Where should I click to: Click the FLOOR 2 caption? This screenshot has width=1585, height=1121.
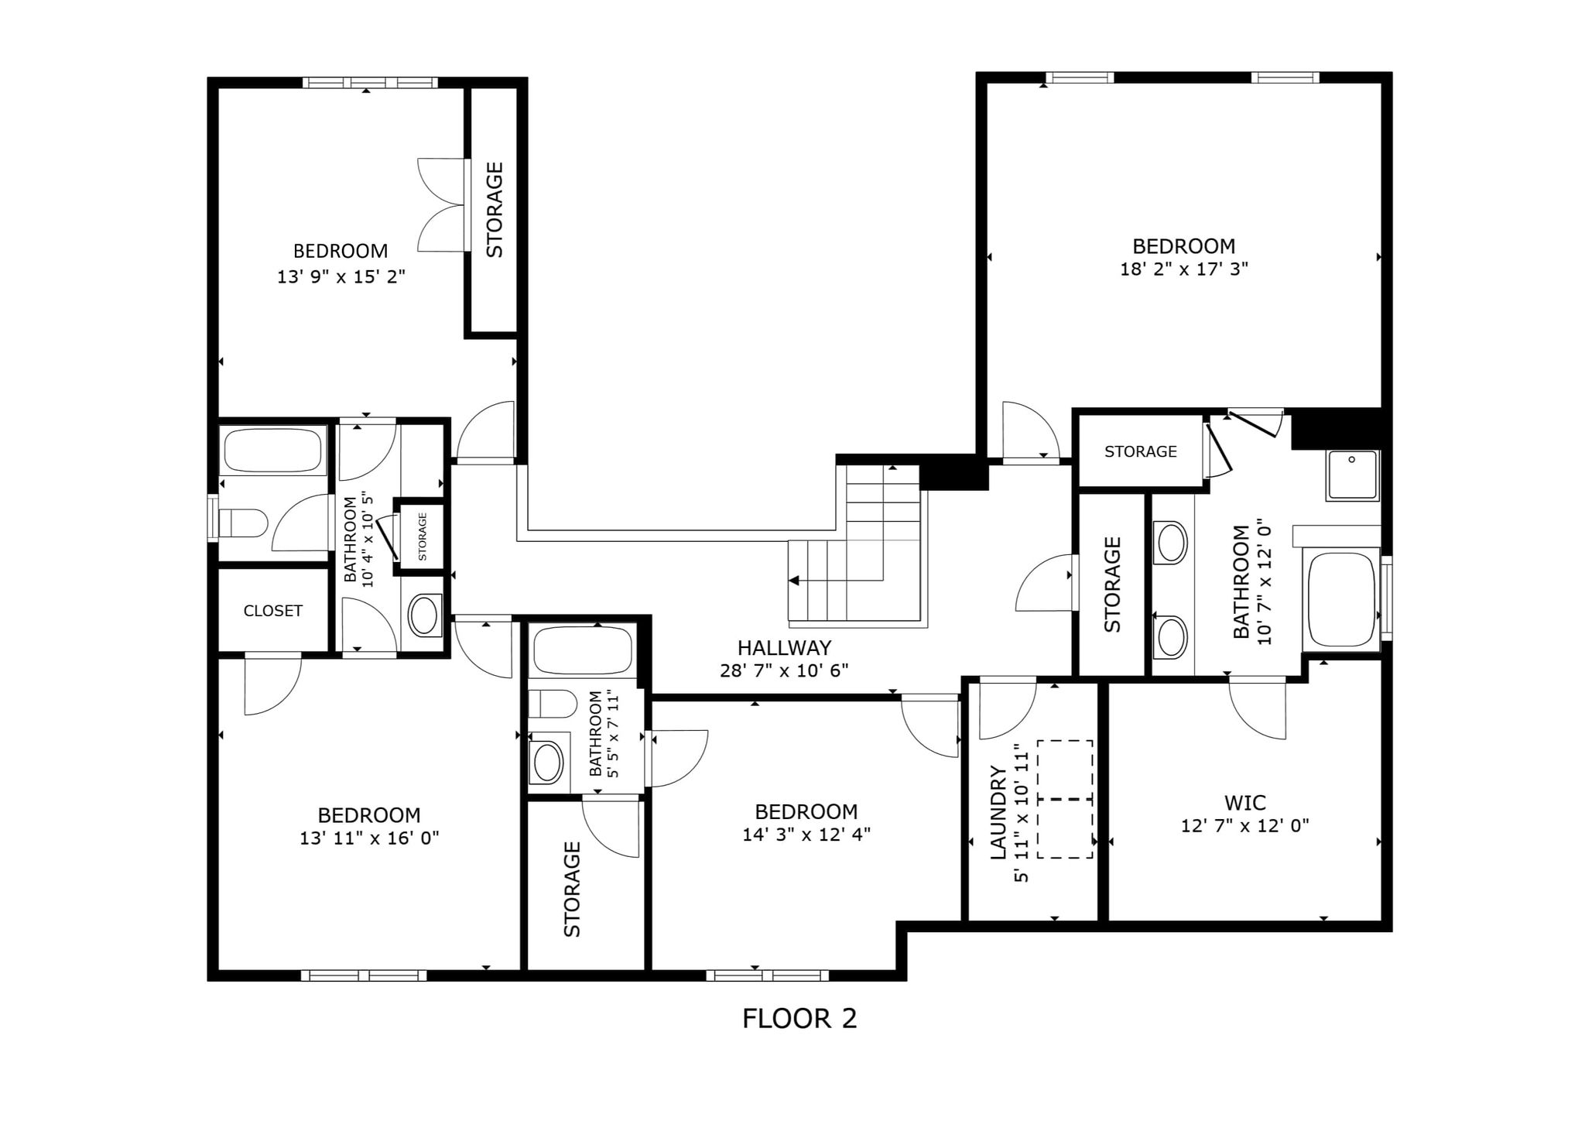[x=799, y=1019]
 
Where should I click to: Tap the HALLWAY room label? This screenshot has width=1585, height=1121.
[x=784, y=648]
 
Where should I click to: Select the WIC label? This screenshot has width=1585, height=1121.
[x=1244, y=803]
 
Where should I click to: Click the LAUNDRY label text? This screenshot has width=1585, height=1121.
[x=998, y=812]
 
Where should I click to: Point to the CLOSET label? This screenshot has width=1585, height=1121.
[x=272, y=611]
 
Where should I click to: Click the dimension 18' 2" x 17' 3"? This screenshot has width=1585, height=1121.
[x=1184, y=269]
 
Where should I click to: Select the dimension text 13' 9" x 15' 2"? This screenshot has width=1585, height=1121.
[x=341, y=276]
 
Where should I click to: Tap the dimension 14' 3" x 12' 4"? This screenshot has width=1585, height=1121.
[x=806, y=835]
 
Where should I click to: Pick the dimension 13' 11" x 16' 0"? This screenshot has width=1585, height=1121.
[x=369, y=838]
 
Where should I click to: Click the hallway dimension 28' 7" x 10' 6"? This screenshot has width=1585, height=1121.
[x=784, y=670]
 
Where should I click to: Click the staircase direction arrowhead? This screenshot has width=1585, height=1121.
[x=793, y=581]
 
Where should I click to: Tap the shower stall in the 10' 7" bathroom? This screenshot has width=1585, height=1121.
[x=1352, y=475]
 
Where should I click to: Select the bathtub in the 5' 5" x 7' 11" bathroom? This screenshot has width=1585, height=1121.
[x=583, y=650]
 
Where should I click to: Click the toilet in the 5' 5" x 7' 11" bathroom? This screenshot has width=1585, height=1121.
[x=553, y=704]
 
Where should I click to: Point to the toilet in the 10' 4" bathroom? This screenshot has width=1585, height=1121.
[x=243, y=523]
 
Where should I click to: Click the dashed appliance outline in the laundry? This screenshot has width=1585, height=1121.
[x=1065, y=799]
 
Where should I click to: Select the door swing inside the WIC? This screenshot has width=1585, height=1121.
[x=1258, y=709]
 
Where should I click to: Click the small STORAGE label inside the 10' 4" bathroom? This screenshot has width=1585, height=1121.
[x=423, y=537]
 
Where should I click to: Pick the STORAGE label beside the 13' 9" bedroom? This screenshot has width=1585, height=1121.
[x=494, y=210]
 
